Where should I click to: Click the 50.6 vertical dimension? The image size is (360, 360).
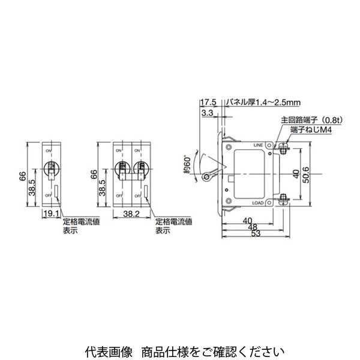[307, 173]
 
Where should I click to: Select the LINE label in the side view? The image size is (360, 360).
[259, 145]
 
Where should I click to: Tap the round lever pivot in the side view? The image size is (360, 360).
[208, 178]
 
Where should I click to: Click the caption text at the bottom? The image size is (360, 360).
[180, 349]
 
